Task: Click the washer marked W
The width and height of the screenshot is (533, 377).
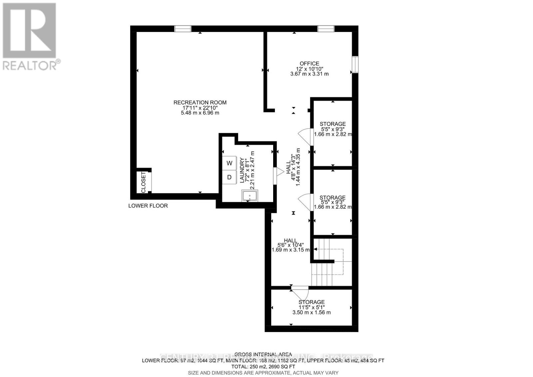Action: click(x=229, y=163)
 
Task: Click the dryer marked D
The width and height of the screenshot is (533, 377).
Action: click(x=229, y=177)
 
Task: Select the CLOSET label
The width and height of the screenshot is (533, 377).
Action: click(x=144, y=182)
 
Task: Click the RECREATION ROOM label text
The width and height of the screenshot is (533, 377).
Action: click(x=200, y=102)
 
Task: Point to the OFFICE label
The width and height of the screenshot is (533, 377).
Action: click(x=309, y=63)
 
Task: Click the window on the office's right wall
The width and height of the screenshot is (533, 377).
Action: click(x=355, y=64)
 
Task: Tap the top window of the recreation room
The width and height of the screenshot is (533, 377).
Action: click(x=183, y=29)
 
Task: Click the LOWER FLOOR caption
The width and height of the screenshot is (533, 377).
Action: click(x=148, y=206)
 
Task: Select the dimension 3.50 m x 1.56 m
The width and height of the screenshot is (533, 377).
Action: click(x=311, y=312)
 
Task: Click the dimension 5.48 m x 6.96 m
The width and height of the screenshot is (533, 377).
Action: click(x=200, y=113)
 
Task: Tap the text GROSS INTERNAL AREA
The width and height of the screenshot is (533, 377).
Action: click(x=263, y=354)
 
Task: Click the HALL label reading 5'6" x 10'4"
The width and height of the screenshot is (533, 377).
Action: click(x=290, y=240)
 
